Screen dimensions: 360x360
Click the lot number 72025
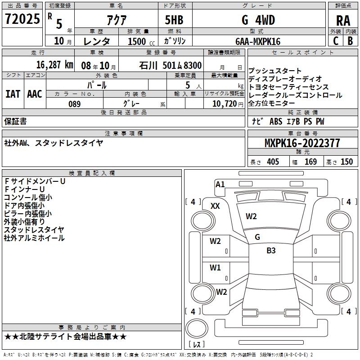22,19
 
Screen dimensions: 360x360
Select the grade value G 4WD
258,20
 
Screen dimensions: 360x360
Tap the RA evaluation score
343,21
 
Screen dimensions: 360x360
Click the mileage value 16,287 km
54,65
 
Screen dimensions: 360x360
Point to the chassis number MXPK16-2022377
302,143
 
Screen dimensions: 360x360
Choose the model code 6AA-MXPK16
258,41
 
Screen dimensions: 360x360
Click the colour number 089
74,104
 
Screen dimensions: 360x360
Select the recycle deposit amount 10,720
225,104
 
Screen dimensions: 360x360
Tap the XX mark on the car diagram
215,206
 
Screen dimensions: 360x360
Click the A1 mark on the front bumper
220,184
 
